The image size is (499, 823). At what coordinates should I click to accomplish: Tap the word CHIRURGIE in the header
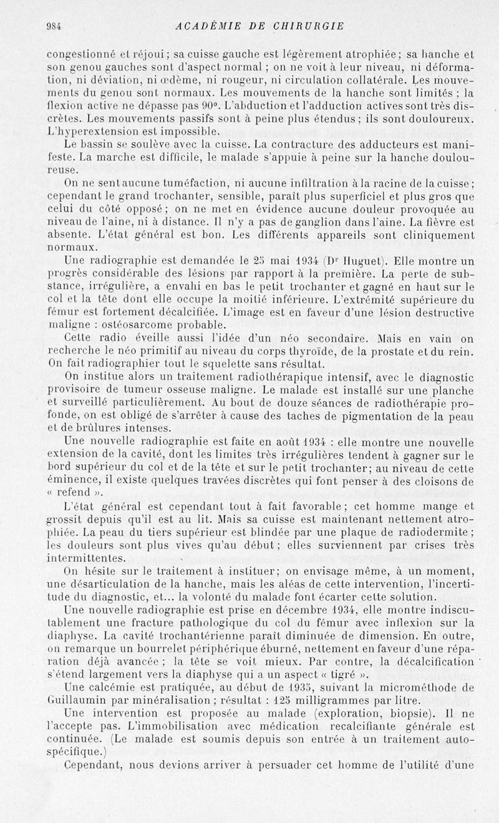310,26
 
